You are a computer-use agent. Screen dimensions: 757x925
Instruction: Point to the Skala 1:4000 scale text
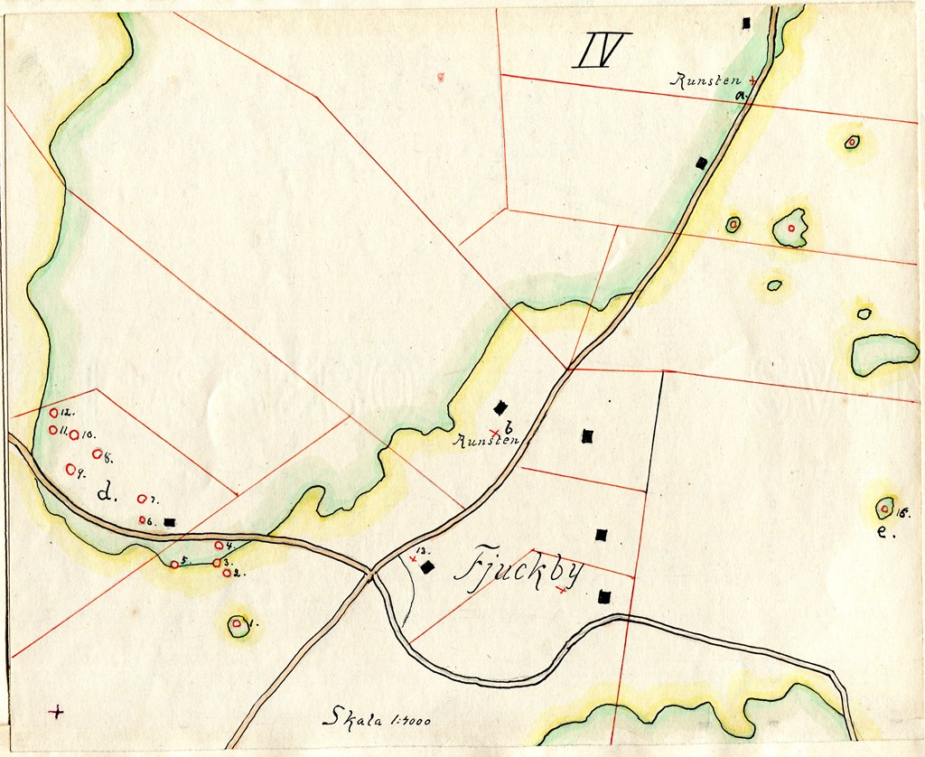pyautogui.click(x=377, y=719)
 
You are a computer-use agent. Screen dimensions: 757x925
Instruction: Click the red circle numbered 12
pyautogui.click(x=53, y=413)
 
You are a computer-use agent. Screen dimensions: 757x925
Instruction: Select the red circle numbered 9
pyautogui.click(x=70, y=469)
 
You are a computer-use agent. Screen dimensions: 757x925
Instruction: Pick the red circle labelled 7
pyautogui.click(x=142, y=499)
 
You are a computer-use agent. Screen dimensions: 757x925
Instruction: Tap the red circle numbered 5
pyautogui.click(x=174, y=565)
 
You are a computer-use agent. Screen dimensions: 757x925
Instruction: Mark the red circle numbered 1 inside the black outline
pyautogui.click(x=237, y=623)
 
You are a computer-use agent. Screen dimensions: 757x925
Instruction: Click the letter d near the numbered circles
pyautogui.click(x=107, y=493)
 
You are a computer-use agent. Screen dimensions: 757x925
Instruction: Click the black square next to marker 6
pyautogui.click(x=170, y=522)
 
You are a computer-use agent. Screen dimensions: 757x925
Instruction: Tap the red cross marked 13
pyautogui.click(x=414, y=560)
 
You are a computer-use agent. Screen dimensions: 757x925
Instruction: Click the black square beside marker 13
pyautogui.click(x=428, y=567)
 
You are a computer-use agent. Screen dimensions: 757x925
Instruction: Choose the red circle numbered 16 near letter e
pyautogui.click(x=884, y=509)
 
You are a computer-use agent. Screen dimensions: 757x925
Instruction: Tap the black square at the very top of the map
pyautogui.click(x=746, y=23)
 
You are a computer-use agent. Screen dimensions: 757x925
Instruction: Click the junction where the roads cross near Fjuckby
pyautogui.click(x=370, y=572)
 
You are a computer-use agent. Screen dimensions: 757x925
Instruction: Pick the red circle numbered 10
pyautogui.click(x=74, y=435)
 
